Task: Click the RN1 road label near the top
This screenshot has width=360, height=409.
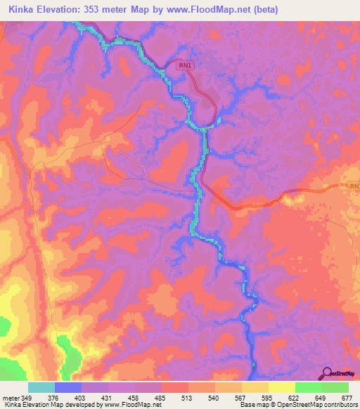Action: [x=185, y=65]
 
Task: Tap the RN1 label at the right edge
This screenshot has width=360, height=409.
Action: [x=354, y=186]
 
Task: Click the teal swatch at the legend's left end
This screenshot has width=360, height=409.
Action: [x=41, y=387]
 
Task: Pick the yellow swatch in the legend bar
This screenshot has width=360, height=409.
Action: [x=282, y=387]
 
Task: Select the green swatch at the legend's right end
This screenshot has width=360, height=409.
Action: [x=335, y=387]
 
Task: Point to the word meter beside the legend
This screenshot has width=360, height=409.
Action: [x=10, y=397]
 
